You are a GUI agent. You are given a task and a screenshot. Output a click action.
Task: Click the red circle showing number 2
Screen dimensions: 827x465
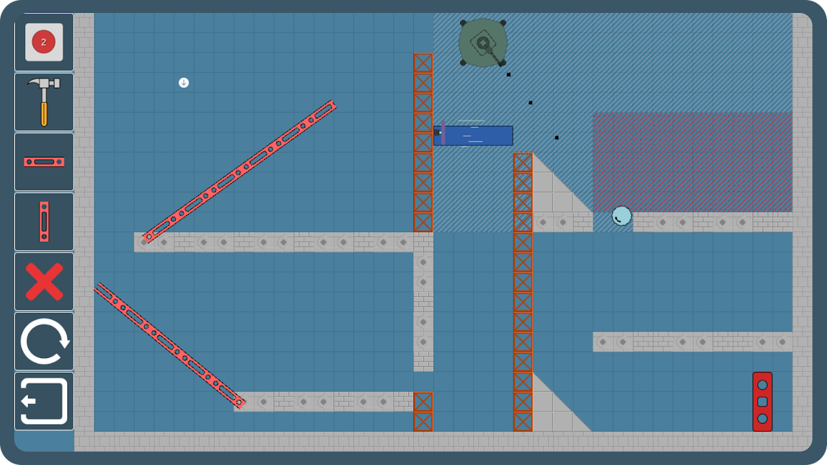click(44, 42)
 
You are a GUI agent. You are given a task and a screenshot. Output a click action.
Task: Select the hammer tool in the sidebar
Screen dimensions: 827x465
click(44, 102)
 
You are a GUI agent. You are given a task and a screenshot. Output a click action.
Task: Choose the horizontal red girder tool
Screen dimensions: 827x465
click(44, 162)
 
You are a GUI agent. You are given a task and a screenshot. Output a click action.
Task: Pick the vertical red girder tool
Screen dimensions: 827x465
click(44, 221)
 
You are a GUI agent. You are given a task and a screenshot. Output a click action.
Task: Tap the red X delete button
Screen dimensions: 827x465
click(44, 281)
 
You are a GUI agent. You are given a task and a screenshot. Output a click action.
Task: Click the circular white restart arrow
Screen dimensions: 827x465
click(44, 341)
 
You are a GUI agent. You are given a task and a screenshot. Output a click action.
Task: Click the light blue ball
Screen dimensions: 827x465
click(622, 216)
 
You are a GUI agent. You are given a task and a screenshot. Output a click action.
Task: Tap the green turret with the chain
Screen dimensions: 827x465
click(483, 43)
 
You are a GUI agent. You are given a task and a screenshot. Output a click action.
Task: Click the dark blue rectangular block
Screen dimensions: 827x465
click(473, 135)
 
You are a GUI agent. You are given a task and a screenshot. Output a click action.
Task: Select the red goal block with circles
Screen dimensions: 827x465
click(762, 402)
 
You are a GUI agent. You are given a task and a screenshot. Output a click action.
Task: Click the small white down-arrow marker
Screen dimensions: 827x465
click(184, 83)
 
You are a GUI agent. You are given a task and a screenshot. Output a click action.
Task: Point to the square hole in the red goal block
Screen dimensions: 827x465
click(762, 402)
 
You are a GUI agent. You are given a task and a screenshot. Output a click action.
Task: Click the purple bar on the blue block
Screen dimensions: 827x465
click(443, 133)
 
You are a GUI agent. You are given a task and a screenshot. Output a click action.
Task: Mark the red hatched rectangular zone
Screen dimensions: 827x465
click(693, 162)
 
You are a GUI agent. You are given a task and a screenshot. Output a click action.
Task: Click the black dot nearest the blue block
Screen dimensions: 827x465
click(557, 138)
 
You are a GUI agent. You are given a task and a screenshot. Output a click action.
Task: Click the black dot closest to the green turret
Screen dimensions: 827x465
click(509, 74)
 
